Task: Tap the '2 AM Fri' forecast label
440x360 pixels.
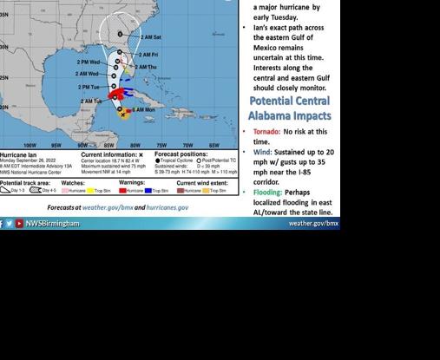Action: point(148,55)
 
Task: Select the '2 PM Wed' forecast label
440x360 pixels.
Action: point(88,62)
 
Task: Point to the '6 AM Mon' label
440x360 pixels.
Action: point(142,110)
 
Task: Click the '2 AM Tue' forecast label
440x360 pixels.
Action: point(91,101)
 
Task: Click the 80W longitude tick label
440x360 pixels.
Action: point(135,145)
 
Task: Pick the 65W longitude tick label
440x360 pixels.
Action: point(213,145)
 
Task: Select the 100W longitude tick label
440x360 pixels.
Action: point(30,145)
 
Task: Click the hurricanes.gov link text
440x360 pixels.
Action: point(167,208)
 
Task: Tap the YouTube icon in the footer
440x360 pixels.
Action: point(19,224)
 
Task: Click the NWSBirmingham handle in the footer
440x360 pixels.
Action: point(52,224)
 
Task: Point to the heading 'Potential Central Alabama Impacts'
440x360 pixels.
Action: point(289,108)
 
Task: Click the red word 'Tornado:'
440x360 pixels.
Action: point(266,132)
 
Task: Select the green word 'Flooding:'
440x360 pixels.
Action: point(267,193)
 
